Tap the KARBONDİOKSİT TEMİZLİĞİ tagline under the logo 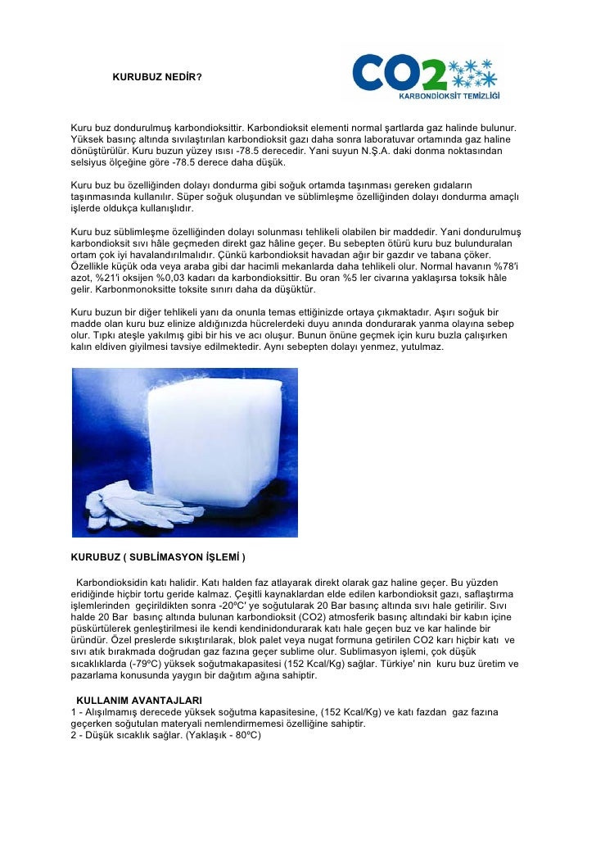tap(449, 96)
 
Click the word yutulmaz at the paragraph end tap(418, 347)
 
